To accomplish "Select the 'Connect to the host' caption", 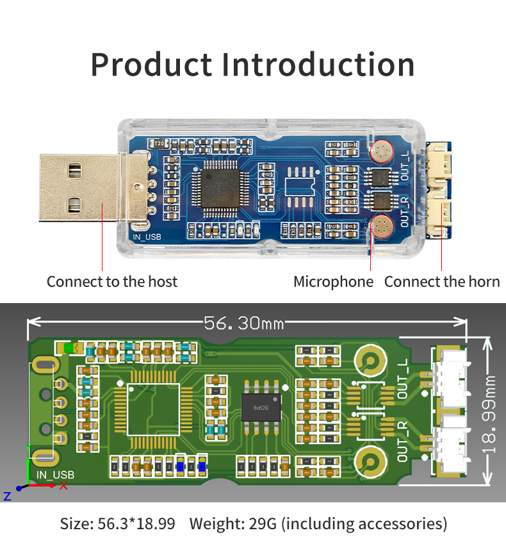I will [112, 281].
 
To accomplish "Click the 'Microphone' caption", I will [333, 281].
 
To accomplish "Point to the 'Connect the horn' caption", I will [442, 281].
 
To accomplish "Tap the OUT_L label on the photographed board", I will [404, 160].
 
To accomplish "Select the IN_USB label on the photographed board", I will [147, 236].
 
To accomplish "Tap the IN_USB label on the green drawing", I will [55, 475].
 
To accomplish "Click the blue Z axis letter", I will [7, 496].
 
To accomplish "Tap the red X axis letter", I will [63, 485].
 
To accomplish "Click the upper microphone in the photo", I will [382, 151].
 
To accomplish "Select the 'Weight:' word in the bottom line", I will [214, 523].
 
